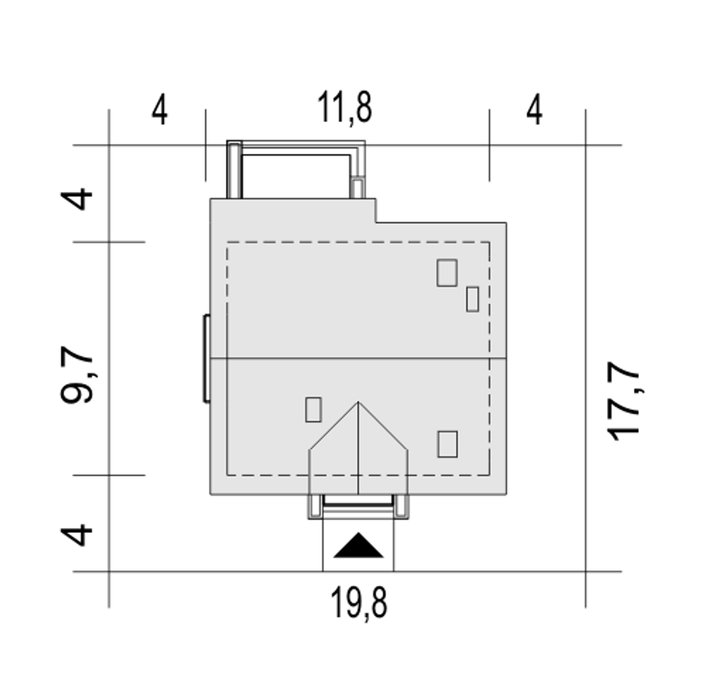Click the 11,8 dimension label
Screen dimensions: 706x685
click(x=344, y=108)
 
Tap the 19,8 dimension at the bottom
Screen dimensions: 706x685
click(x=359, y=603)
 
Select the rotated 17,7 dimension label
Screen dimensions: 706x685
click(x=623, y=401)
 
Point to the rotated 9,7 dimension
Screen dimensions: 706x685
click(x=77, y=375)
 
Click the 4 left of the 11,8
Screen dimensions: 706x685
click(x=159, y=109)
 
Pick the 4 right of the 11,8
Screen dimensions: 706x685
click(x=534, y=109)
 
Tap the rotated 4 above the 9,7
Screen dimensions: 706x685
click(x=76, y=199)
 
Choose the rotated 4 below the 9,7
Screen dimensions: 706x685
click(x=76, y=535)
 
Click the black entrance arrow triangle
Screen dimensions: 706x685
click(x=359, y=545)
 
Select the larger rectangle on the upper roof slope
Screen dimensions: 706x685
click(x=447, y=273)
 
